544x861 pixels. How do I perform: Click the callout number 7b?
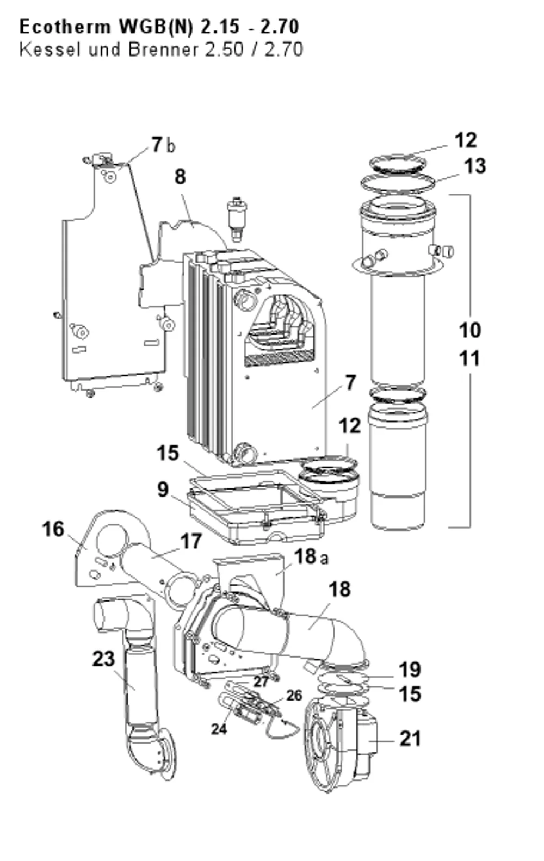point(164,145)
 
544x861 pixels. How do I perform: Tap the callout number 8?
point(180,177)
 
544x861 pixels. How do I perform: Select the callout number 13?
point(475,166)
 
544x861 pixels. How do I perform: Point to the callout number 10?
point(470,330)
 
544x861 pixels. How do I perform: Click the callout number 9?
point(163,490)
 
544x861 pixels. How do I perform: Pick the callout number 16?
point(53,529)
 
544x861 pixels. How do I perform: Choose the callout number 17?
point(191,542)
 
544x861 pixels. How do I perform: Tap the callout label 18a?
point(311,556)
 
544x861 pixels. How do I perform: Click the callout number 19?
point(410,670)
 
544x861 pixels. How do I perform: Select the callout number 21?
point(410,739)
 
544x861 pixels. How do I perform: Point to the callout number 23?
point(103,659)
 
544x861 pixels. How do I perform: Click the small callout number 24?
point(219,729)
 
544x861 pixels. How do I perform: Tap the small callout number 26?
point(294,695)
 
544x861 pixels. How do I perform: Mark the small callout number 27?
point(261,682)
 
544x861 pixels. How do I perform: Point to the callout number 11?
point(469,358)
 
